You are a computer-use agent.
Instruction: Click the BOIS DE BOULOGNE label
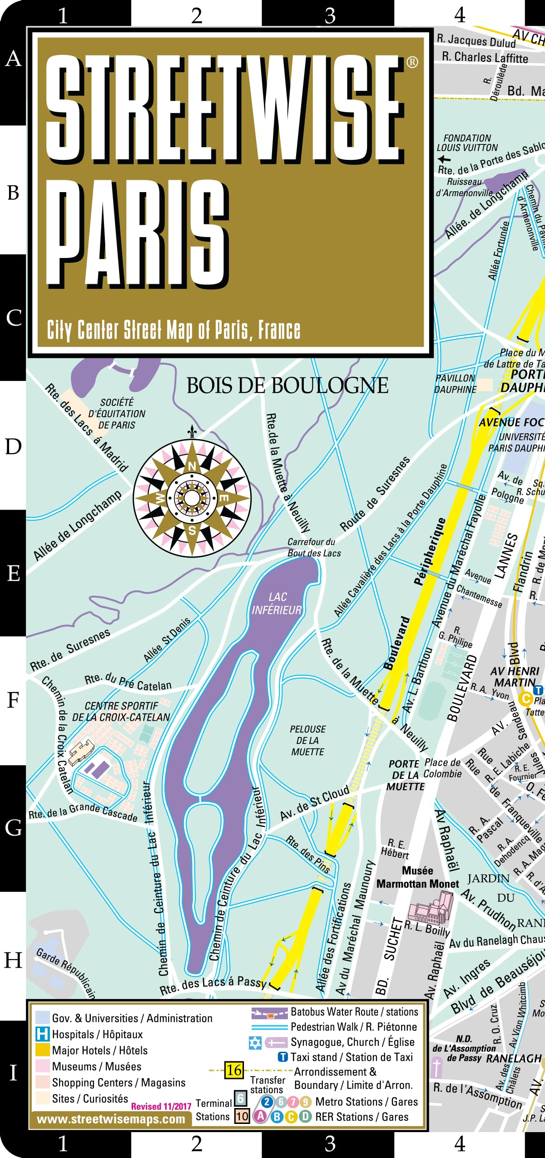pos(287,386)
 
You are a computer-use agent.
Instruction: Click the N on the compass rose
pos(192,466)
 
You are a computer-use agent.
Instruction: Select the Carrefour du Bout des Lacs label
pos(313,547)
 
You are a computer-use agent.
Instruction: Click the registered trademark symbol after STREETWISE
pos(412,62)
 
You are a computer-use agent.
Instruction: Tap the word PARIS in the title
pos(136,234)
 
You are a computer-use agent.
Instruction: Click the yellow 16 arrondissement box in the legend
pos(234,1070)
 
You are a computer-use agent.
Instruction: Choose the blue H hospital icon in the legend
pos(42,1034)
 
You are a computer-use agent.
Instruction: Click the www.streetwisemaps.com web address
pos(111,1119)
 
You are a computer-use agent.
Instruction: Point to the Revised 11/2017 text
pos(161,1107)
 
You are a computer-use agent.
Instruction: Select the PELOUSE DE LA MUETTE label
pos(307,740)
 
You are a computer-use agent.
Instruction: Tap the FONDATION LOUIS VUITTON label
pos(467,143)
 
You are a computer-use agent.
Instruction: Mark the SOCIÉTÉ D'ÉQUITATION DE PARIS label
pos(117,413)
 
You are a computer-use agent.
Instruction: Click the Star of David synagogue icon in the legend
pos(255,1043)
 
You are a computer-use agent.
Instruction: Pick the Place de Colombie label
pos(442,768)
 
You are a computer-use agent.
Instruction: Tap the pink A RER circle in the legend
pos(260,1116)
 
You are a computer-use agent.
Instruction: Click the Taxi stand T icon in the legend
pos(282,1057)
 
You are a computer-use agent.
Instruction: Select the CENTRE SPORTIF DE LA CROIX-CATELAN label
pos(121,712)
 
